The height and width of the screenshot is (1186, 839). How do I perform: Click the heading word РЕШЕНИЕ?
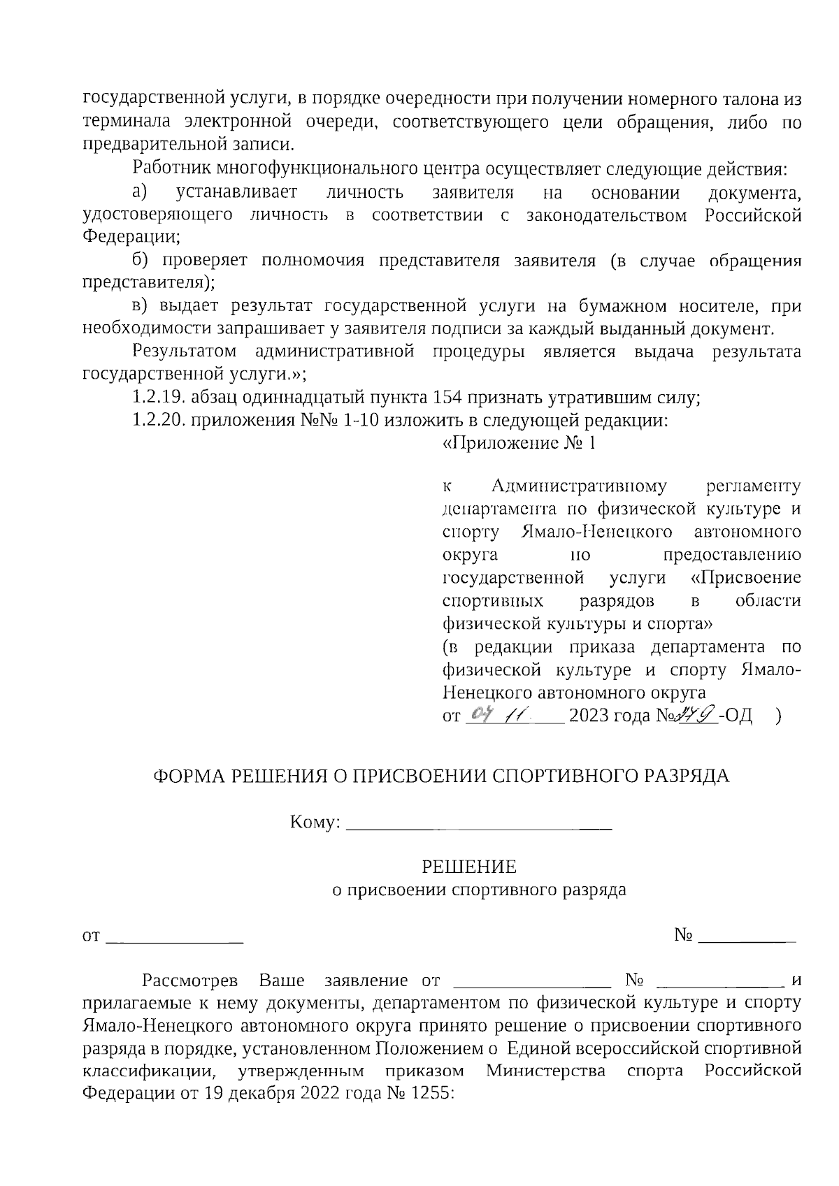468,868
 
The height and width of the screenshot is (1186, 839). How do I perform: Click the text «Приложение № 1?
519,444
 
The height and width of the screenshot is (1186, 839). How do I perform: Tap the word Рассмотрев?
189,980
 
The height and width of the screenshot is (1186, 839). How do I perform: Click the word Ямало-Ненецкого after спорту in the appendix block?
597,532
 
